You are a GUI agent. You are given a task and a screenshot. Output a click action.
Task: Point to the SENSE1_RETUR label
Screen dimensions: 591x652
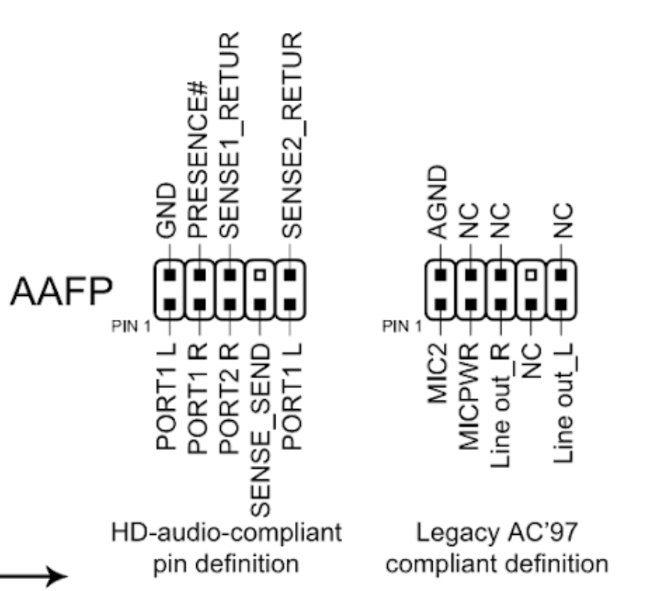[x=229, y=136]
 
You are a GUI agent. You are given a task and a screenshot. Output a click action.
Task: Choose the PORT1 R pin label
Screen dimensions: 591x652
[x=198, y=398]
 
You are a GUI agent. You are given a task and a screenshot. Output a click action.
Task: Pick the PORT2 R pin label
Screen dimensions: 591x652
[x=229, y=398]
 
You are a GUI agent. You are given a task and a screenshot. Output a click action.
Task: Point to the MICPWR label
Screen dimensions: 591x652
[x=471, y=396]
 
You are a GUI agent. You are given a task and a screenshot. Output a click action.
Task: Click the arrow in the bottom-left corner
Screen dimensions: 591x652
[x=34, y=575]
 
